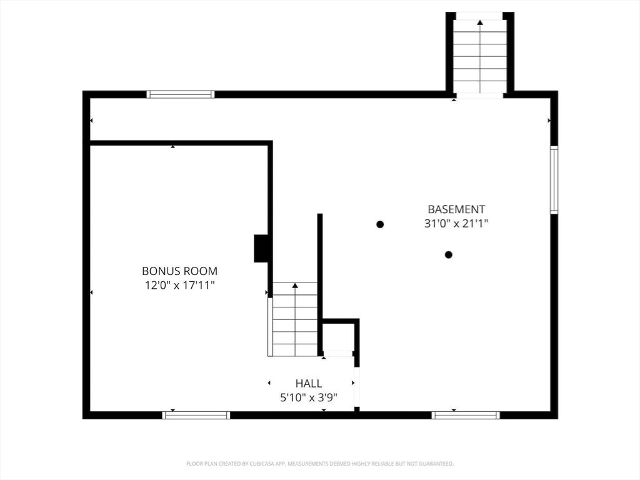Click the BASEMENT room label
(456, 209)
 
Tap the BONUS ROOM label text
(179, 271)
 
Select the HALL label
(309, 383)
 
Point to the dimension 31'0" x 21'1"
(456, 223)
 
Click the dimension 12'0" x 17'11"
(179, 285)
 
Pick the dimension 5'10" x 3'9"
(309, 397)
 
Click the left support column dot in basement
(380, 224)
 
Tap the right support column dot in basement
(448, 254)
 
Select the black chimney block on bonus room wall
(261, 248)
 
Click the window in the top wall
(181, 94)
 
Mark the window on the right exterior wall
(554, 180)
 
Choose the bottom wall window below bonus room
(196, 415)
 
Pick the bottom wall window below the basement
(466, 415)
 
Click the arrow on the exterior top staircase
(480, 23)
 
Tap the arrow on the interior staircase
(295, 286)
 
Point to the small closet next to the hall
(338, 337)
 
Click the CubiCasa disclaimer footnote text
(320, 464)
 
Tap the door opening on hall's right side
(356, 387)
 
